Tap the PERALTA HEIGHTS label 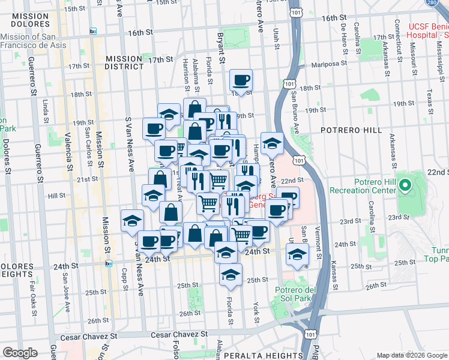(x=261, y=356)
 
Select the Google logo (x=20, y=353)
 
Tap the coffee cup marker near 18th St (x=241, y=80)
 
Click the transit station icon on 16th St (x=93, y=31)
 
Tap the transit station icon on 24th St (x=109, y=263)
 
